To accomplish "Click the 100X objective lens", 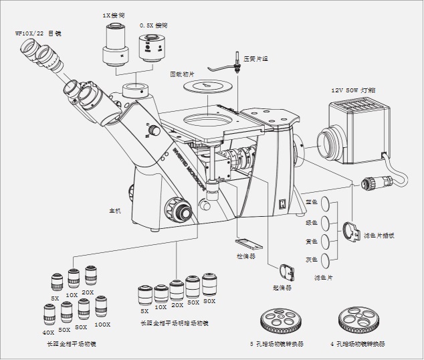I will click(102, 307).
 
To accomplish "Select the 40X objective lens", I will click(49, 314).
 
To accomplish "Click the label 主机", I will click(115, 211).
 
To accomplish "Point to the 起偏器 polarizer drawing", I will click(286, 270).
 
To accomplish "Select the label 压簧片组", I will click(255, 58).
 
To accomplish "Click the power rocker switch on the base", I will click(282, 203).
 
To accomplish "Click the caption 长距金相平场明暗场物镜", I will click(174, 323).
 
